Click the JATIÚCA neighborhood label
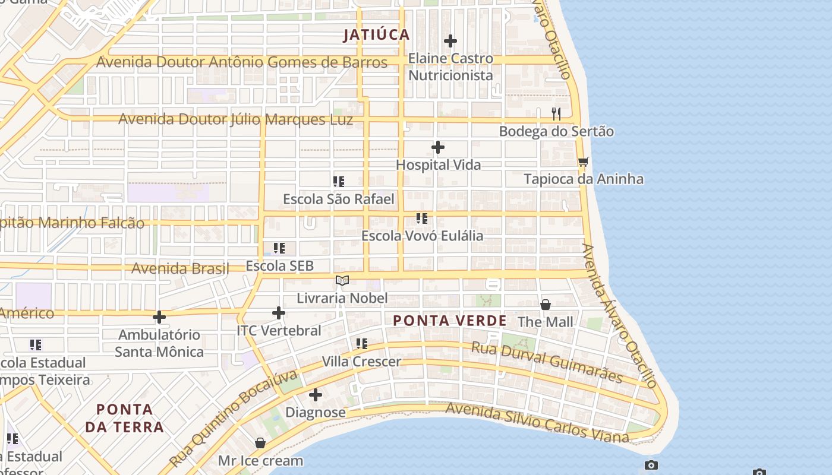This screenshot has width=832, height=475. coord(377,34)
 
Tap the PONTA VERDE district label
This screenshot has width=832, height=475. coord(450,321)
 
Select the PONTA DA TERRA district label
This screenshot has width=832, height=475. coord(124,418)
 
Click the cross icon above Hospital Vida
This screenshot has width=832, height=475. coord(438,147)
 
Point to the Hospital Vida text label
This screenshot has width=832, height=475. coord(438,165)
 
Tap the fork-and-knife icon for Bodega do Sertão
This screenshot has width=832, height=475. coord(556,113)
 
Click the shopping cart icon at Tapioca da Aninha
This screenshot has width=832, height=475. coord(584,161)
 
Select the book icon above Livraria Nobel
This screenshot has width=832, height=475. coord(342,280)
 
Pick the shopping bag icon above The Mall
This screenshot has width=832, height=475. coord(546,305)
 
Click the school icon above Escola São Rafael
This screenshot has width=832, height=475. coord(339,182)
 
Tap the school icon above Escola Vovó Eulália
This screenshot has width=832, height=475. coord(422,218)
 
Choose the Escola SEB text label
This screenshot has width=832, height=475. coord(279,266)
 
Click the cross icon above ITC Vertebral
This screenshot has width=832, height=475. coord(279,313)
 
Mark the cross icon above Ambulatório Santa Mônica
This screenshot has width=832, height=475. coord(159,317)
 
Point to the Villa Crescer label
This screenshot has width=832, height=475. coord(361,362)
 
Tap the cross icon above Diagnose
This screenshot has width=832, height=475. coord(316,395)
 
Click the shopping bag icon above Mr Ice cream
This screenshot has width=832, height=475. coord(260,443)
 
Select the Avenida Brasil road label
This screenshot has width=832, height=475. coord(180,268)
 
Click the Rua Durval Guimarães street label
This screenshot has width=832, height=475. coord(547,362)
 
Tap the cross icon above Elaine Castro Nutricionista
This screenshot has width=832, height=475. coord(450,41)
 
